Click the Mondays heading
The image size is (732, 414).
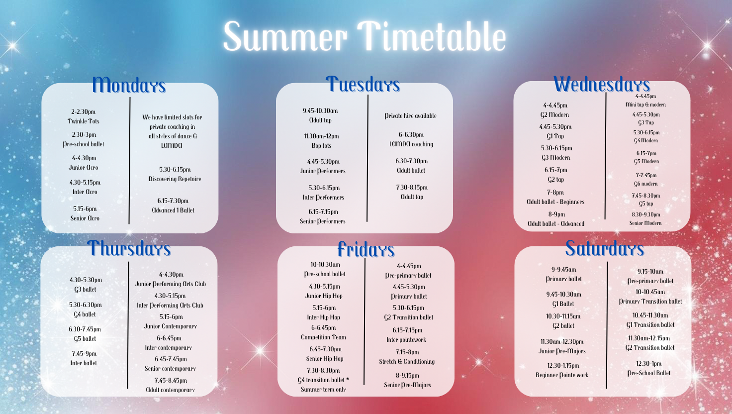click(x=129, y=85)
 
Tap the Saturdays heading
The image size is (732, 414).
click(x=605, y=248)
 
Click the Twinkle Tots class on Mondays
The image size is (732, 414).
click(x=84, y=121)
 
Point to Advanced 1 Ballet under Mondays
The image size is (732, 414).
click(x=173, y=210)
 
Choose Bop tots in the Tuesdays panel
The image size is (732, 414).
click(x=321, y=145)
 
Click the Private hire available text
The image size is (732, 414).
click(x=410, y=116)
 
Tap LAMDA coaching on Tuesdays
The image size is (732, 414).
click(x=411, y=144)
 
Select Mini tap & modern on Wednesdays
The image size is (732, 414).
click(x=645, y=104)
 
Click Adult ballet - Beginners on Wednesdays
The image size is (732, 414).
click(x=555, y=202)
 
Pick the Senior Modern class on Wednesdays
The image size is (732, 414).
click(x=645, y=223)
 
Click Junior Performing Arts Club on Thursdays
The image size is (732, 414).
click(x=171, y=284)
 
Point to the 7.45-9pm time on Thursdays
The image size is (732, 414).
click(x=85, y=353)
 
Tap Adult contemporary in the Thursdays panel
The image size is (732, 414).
click(x=170, y=390)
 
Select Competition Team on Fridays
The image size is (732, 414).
click(x=324, y=337)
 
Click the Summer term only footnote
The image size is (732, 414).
click(x=324, y=390)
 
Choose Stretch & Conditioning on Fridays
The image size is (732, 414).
click(x=407, y=361)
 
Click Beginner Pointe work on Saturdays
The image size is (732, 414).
click(x=562, y=375)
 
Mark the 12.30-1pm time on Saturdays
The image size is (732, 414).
click(x=649, y=364)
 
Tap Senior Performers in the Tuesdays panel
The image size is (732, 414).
click(x=323, y=221)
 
